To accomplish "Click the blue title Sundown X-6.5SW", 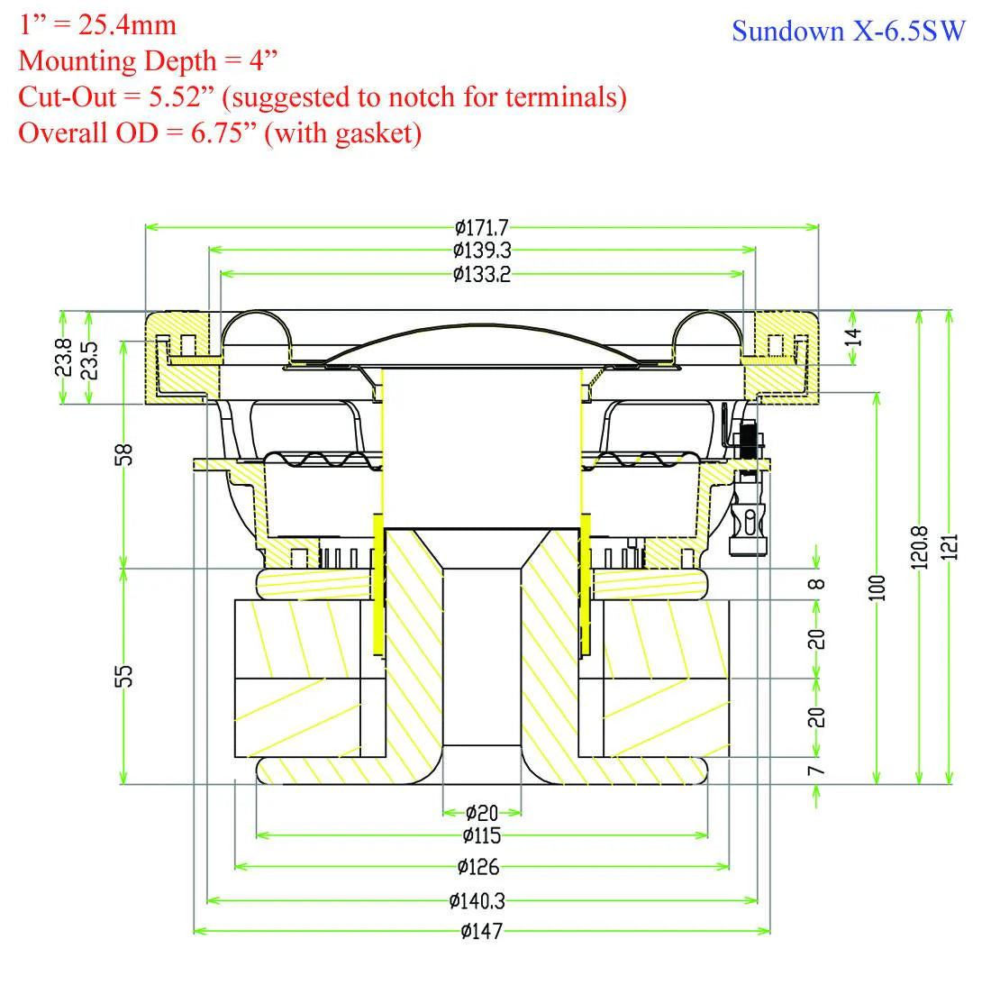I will click(x=848, y=31).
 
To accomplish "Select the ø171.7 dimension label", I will click(x=482, y=227).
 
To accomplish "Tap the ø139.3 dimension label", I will click(x=482, y=251).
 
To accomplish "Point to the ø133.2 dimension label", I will click(x=482, y=274).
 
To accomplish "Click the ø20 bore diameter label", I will click(x=482, y=813).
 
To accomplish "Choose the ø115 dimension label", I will click(x=482, y=835).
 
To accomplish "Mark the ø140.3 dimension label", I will click(x=482, y=899).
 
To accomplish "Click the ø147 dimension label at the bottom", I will click(x=481, y=931).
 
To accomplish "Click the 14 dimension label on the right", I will click(x=853, y=338).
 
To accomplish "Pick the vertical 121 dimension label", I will click(x=954, y=546).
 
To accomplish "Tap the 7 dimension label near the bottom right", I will click(x=815, y=771).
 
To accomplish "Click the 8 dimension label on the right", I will click(x=815, y=583).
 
